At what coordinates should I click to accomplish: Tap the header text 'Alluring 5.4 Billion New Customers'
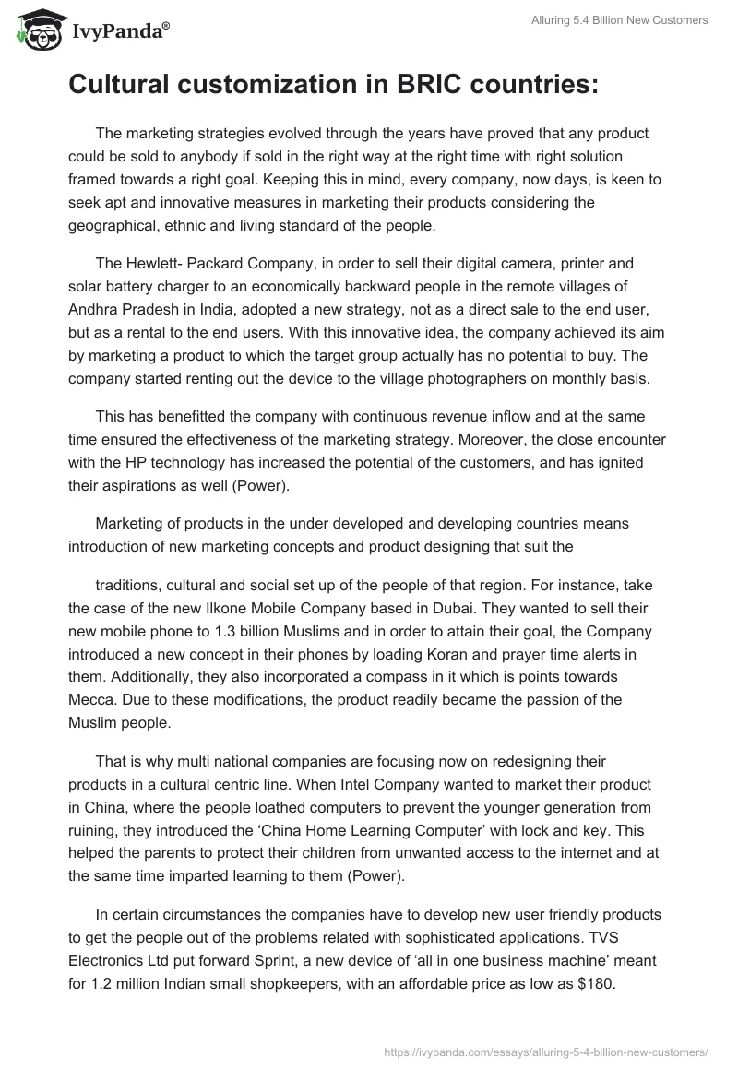point(621,21)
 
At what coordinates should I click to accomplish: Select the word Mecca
point(90,700)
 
